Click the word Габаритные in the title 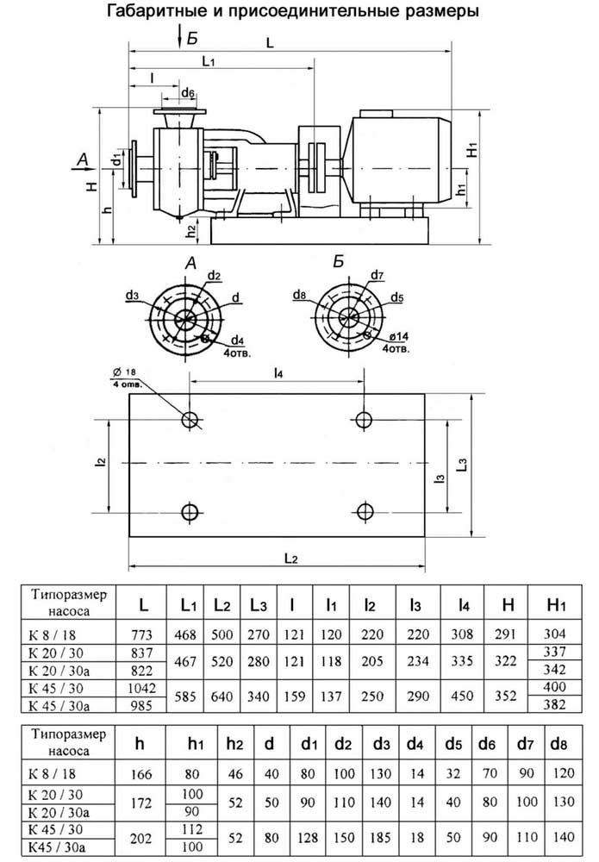pyautogui.click(x=159, y=11)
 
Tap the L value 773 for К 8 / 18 pyautogui.click(x=141, y=634)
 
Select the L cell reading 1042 pyautogui.click(x=141, y=688)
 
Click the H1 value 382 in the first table pyautogui.click(x=554, y=704)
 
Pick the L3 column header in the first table pyautogui.click(x=259, y=605)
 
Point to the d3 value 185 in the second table pyautogui.click(x=380, y=837)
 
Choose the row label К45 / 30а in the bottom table pyautogui.click(x=57, y=846)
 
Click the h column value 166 pyautogui.click(x=141, y=774)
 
